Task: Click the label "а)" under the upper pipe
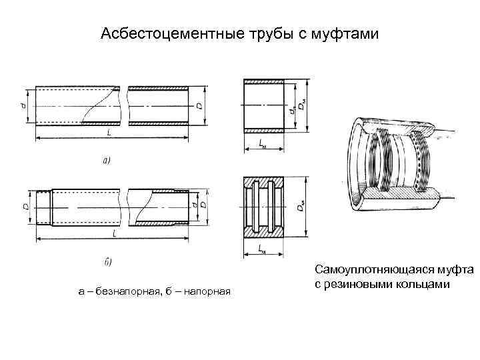tap(106, 160)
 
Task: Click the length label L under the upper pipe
tap(108, 133)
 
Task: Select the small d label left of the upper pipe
tap(23, 105)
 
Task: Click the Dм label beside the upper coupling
tap(302, 105)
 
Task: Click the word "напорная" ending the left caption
tap(210, 291)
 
